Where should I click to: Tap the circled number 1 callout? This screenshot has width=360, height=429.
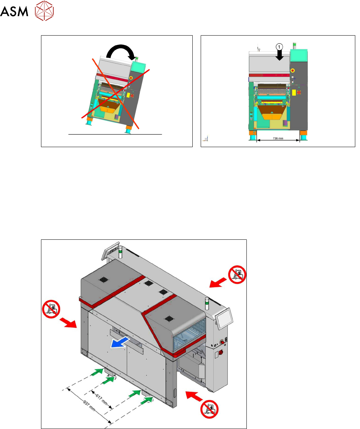[279, 46]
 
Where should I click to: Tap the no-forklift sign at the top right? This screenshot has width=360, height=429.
[237, 274]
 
